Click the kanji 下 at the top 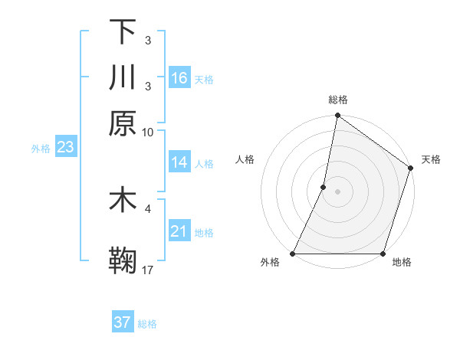(123, 31)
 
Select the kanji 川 (123, 77)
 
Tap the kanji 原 (123, 123)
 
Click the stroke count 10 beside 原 (148, 132)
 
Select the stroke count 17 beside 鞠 (148, 270)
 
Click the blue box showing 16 (179, 78)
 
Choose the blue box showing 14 (179, 162)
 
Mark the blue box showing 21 (179, 231)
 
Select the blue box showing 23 (65, 148)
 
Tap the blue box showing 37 (123, 322)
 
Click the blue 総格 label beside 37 (148, 324)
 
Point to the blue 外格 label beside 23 (41, 149)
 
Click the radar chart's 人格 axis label (245, 159)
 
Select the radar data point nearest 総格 (337, 116)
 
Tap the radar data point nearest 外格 (294, 254)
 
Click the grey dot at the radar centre (337, 191)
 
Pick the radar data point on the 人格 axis (324, 187)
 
